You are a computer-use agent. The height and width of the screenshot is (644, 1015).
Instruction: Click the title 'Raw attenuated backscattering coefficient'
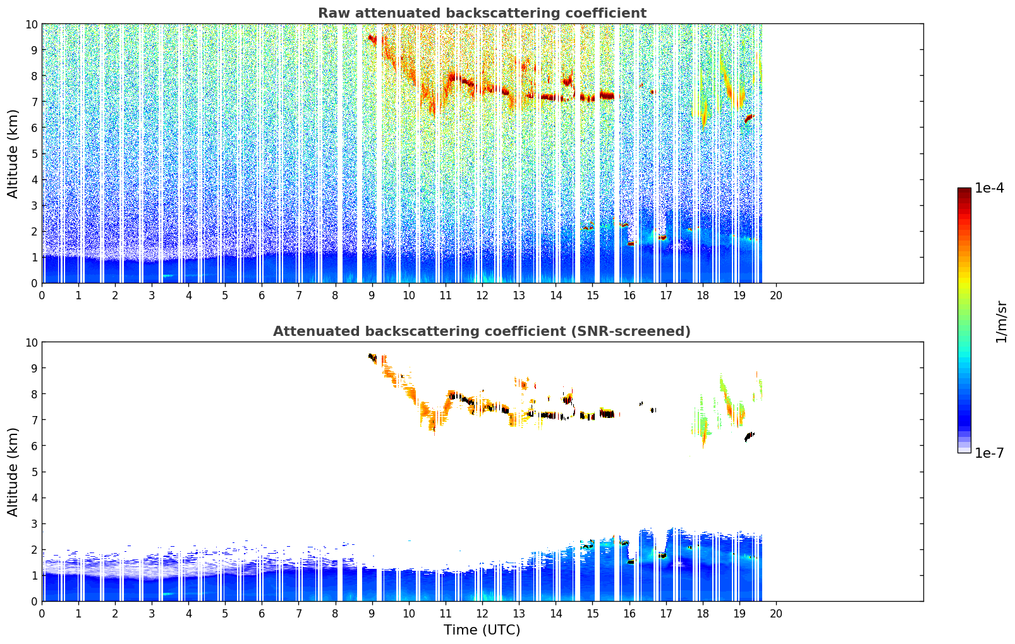[x=482, y=13]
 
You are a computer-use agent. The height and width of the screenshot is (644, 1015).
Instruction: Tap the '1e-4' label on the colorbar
[x=988, y=188]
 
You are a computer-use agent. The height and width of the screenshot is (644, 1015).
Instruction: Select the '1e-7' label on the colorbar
[x=988, y=453]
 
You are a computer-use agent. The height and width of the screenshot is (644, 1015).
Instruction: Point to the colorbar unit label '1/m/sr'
[x=1001, y=321]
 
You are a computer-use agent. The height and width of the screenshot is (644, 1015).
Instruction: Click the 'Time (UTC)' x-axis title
[x=482, y=630]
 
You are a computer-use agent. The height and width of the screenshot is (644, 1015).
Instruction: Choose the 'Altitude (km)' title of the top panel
[x=13, y=153]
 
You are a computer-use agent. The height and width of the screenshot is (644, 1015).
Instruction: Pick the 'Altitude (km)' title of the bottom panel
[x=13, y=472]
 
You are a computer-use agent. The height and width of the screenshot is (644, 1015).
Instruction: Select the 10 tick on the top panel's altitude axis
[x=31, y=24]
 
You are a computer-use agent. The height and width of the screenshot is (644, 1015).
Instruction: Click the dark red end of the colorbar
[x=964, y=191]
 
